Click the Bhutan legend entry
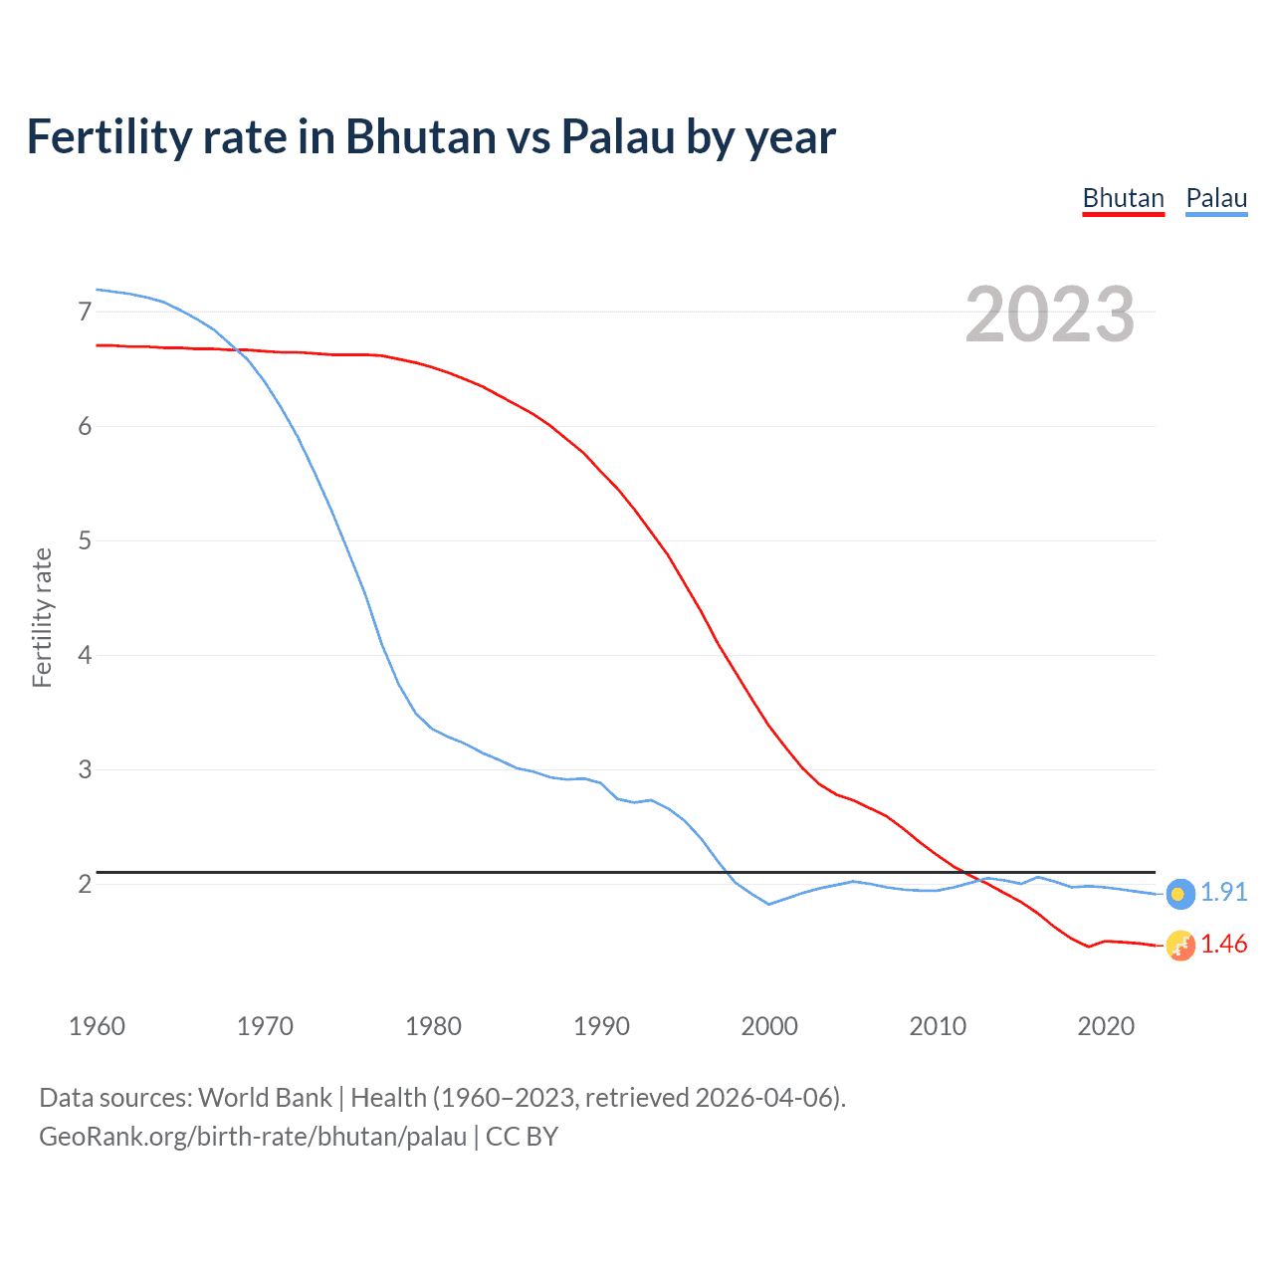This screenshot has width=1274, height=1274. tap(1123, 198)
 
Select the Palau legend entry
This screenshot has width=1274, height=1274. tap(1216, 198)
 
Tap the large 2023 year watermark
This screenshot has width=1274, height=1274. tap(1050, 315)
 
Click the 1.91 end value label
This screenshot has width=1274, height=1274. tap(1223, 892)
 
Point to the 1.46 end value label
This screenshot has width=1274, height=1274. tap(1223, 944)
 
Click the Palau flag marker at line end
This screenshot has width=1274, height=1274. tap(1179, 894)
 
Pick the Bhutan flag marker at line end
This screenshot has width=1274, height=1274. tap(1179, 946)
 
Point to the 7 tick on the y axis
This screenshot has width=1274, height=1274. tap(85, 312)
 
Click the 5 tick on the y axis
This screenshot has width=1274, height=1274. tap(85, 540)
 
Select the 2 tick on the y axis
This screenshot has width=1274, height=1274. tap(85, 884)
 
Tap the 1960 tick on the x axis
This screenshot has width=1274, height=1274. tap(97, 1026)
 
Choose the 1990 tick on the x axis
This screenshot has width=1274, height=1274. tap(601, 1026)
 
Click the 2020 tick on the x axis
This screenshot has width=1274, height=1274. tap(1106, 1026)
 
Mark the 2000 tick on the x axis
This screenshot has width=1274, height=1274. tap(769, 1026)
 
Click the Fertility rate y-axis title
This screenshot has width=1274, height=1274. tap(42, 617)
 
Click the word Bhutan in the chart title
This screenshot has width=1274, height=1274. tap(419, 136)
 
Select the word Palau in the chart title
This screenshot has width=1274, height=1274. tap(617, 136)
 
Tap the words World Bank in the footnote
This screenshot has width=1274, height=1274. tap(265, 1098)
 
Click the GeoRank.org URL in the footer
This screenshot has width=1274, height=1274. tap(253, 1137)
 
